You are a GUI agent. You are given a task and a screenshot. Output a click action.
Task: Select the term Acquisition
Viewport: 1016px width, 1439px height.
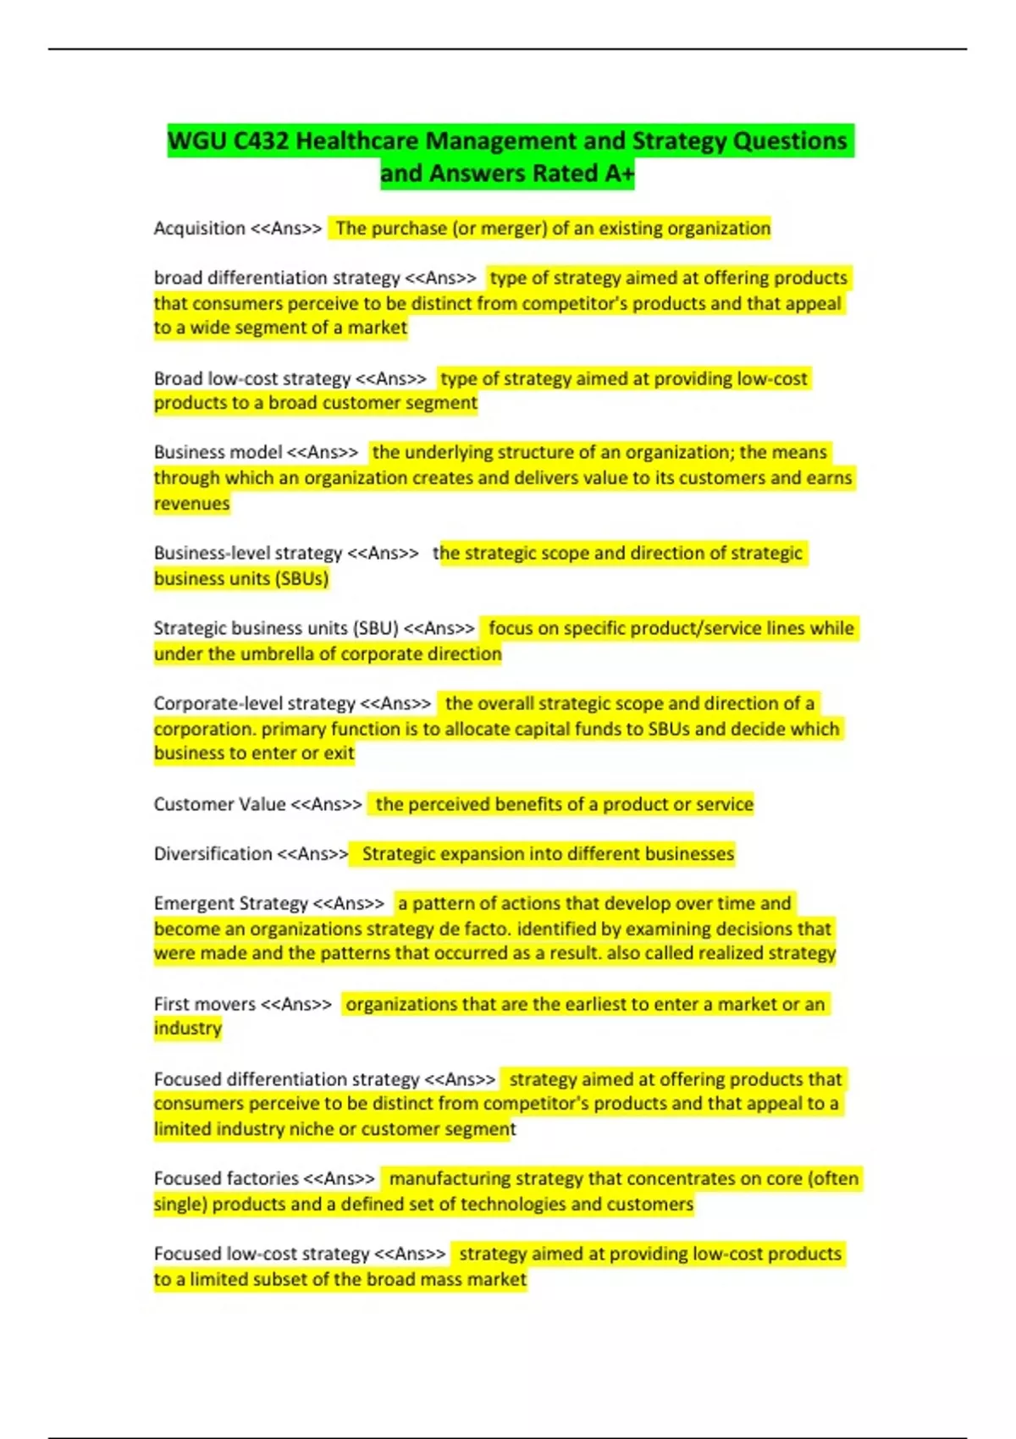(x=199, y=229)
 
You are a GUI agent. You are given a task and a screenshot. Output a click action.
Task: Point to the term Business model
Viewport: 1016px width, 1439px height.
(x=218, y=452)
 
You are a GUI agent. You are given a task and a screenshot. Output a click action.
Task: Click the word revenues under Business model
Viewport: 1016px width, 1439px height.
(x=191, y=504)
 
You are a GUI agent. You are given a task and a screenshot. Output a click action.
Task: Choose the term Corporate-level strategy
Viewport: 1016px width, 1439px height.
(x=254, y=703)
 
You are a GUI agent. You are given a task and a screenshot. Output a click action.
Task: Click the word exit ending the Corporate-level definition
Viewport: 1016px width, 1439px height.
(x=339, y=753)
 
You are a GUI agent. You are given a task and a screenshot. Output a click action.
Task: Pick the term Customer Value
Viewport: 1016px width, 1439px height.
(x=219, y=804)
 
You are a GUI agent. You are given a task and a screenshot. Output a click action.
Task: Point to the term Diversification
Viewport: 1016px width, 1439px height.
(x=213, y=854)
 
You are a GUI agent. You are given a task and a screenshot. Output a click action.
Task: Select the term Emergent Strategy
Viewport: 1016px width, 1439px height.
(x=230, y=904)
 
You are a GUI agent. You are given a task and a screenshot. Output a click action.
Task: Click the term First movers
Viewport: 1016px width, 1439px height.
(x=204, y=1005)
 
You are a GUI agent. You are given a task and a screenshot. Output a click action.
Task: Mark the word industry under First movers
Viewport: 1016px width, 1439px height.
(x=187, y=1028)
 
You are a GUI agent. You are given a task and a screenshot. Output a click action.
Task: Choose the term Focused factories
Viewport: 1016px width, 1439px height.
(x=226, y=1179)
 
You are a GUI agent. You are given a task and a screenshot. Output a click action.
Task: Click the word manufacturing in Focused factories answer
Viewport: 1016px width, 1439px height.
(x=450, y=1179)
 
